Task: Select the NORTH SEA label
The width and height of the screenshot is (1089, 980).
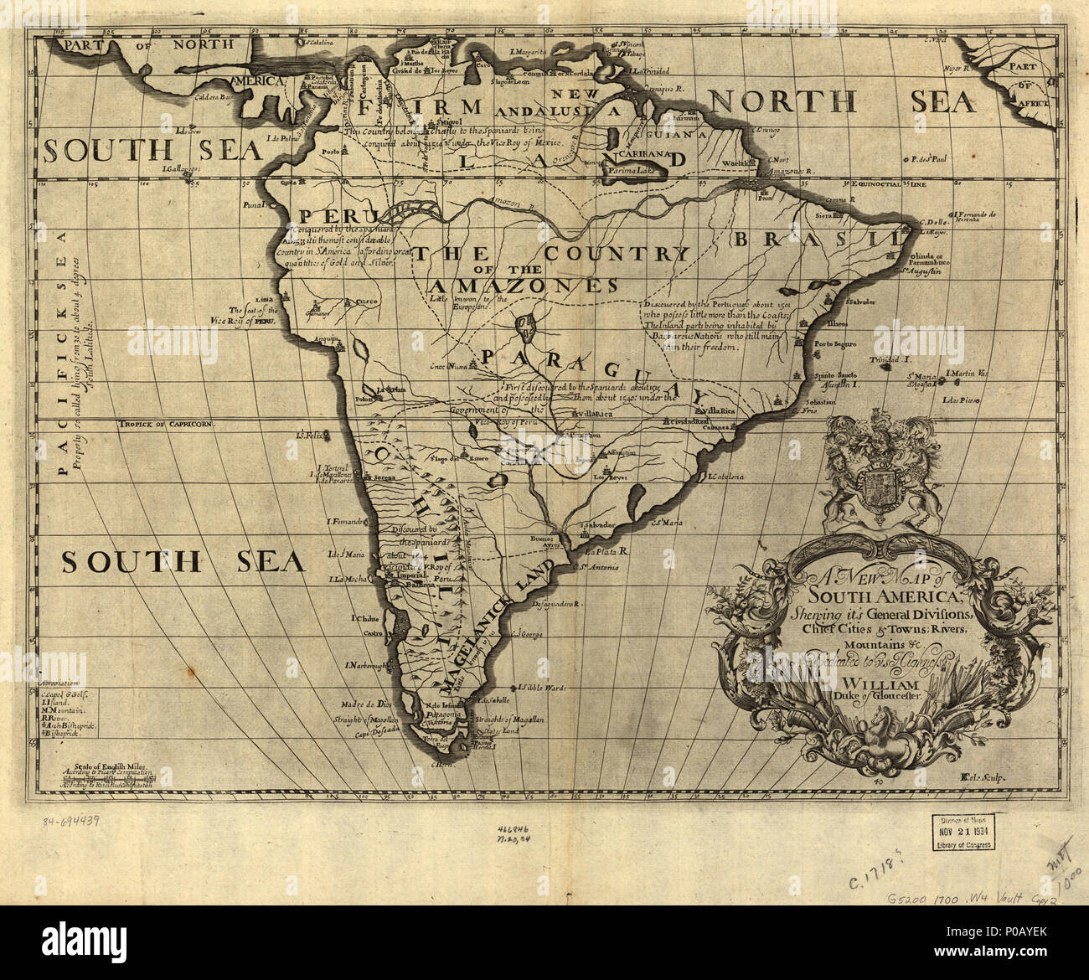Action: (842, 102)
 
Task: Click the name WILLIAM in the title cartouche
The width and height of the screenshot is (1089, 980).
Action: (877, 684)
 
